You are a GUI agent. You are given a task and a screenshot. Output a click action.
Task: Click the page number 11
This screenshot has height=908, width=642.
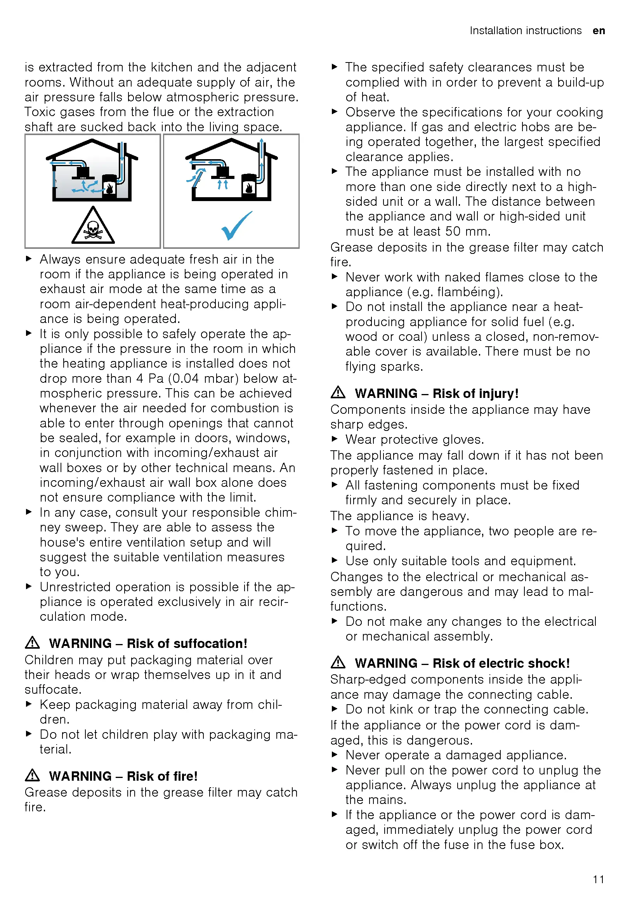[598, 879]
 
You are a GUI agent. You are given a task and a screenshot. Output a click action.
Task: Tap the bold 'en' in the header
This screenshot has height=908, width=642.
[599, 31]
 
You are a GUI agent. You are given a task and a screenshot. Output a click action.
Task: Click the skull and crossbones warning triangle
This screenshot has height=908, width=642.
[93, 227]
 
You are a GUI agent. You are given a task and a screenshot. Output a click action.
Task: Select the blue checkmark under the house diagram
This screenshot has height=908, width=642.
[236, 225]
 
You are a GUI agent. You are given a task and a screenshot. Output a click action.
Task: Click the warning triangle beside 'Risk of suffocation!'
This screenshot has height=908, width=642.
[33, 642]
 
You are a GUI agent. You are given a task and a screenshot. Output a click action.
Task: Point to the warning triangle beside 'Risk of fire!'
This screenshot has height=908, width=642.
[33, 776]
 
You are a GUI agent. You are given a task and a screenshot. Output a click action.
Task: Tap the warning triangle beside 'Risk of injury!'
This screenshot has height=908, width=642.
[338, 392]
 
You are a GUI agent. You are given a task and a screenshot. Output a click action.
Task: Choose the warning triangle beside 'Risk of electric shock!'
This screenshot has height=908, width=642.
[338, 662]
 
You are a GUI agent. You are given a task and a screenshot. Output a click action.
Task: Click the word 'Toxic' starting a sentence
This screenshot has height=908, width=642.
[40, 112]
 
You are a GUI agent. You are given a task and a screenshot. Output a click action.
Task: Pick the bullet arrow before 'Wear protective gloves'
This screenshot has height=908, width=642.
[335, 439]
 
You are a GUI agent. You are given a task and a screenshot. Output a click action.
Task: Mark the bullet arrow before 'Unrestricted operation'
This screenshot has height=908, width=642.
[28, 586]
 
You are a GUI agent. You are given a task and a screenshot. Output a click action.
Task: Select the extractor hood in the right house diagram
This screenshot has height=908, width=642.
[223, 172]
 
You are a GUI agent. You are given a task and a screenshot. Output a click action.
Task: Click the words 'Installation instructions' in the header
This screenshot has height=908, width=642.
[526, 31]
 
